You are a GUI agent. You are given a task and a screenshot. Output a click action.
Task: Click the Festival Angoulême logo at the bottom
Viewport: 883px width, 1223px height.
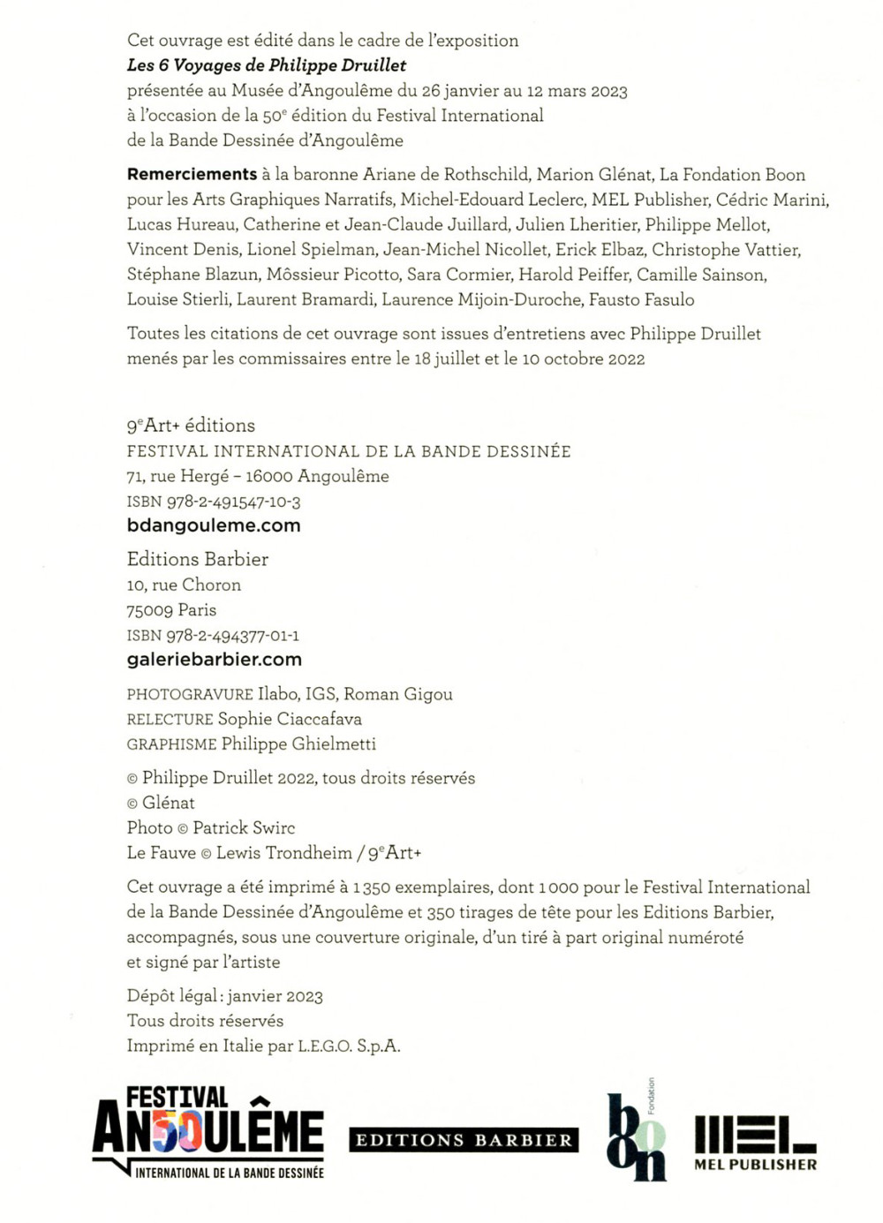pyautogui.click(x=208, y=1133)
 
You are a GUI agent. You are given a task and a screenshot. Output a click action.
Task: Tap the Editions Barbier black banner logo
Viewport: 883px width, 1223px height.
pyautogui.click(x=464, y=1140)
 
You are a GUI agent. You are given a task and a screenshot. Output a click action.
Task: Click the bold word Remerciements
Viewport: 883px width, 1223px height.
pyautogui.click(x=192, y=175)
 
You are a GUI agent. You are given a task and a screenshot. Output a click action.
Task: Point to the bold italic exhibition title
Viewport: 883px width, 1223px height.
pyautogui.click(x=267, y=65)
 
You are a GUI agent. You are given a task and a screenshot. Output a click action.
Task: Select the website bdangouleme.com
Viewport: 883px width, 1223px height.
pyautogui.click(x=214, y=525)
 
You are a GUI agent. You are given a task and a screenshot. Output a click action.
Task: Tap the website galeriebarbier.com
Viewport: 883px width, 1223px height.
pyautogui.click(x=215, y=660)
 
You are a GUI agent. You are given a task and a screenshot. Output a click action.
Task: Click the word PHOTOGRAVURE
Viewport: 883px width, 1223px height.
pyautogui.click(x=190, y=695)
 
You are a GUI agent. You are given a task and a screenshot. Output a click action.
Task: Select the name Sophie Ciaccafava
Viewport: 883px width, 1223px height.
pyautogui.click(x=290, y=720)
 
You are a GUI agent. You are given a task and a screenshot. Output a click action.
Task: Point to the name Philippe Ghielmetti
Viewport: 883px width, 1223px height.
pyautogui.click(x=298, y=744)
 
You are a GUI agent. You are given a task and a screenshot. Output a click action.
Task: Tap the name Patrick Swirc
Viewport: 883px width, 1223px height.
pyautogui.click(x=244, y=828)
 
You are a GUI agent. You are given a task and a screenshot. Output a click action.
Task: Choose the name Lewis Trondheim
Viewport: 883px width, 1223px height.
pyautogui.click(x=283, y=853)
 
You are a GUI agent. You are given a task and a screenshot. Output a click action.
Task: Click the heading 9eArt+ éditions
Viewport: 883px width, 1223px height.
pyautogui.click(x=191, y=426)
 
